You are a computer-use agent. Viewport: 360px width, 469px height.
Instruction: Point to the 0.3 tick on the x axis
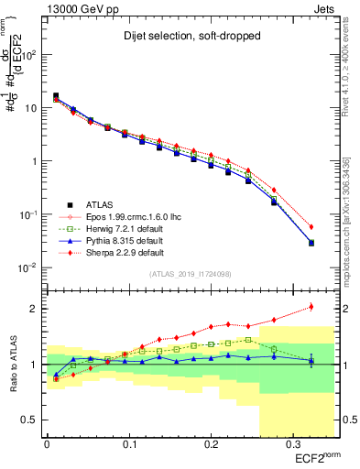[290, 444]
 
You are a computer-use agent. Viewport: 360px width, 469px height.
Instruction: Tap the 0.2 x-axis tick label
[210, 444]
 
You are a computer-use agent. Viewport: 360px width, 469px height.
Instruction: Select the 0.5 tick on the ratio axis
[33, 420]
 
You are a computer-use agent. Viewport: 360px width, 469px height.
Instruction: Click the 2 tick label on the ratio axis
[37, 309]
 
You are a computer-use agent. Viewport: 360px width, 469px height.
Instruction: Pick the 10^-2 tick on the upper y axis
[27, 268]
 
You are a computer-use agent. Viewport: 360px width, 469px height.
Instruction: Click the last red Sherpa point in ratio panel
[311, 307]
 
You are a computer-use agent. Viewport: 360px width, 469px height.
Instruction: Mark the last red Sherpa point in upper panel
[311, 227]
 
